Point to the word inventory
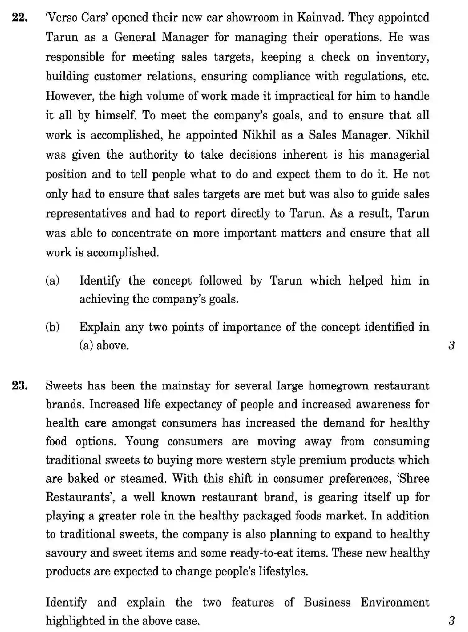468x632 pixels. pyautogui.click(x=402, y=57)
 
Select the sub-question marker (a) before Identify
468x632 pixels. pyautogui.click(x=53, y=281)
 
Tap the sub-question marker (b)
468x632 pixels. pyautogui.click(x=53, y=327)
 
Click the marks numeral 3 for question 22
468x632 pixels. pyautogui.click(x=451, y=346)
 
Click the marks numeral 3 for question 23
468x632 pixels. pyautogui.click(x=451, y=621)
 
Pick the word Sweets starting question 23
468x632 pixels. pyautogui.click(x=64, y=386)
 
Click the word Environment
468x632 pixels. pyautogui.click(x=395, y=602)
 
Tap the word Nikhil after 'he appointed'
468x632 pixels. pyautogui.click(x=259, y=135)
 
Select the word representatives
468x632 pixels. pyautogui.click(x=86, y=214)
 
